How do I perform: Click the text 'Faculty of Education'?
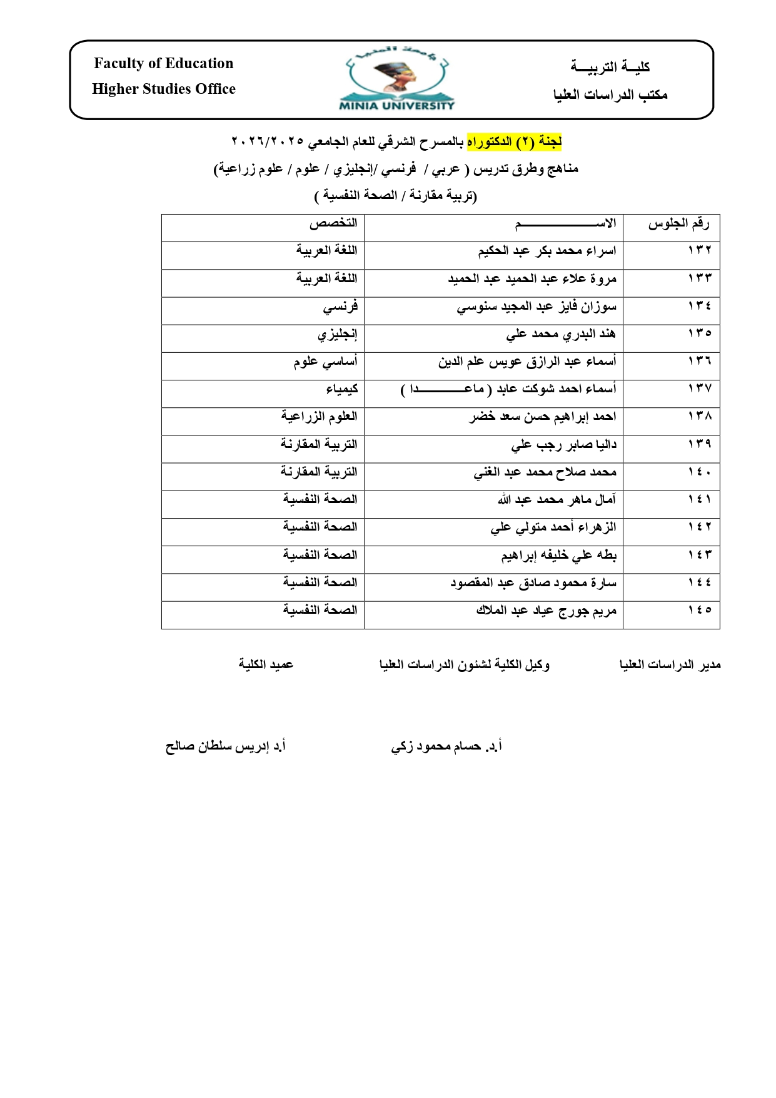pos(163,63)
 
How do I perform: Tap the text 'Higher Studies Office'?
pos(163,89)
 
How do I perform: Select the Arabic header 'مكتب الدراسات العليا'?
pos(610,95)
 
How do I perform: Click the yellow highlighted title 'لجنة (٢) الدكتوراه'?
pos(514,142)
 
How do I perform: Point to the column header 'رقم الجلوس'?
pos(678,223)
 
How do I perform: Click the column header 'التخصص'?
pos(333,223)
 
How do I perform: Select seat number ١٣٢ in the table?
pos(700,250)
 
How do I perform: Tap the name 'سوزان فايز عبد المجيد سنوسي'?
pos(536,307)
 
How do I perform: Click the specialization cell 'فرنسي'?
pos(340,307)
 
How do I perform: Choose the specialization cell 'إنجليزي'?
pos(337,334)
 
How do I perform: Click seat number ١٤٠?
pos(700,472)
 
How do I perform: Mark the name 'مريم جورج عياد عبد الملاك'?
pos(546,610)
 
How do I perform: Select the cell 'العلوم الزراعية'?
pos(319,417)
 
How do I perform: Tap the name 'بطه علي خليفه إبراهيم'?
pos(558,555)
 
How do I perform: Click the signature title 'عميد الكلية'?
pos(266,664)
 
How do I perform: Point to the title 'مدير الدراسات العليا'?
pos(670,664)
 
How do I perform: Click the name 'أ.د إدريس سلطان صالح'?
pos(225,746)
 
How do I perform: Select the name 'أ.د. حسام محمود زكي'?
pos(446,746)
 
